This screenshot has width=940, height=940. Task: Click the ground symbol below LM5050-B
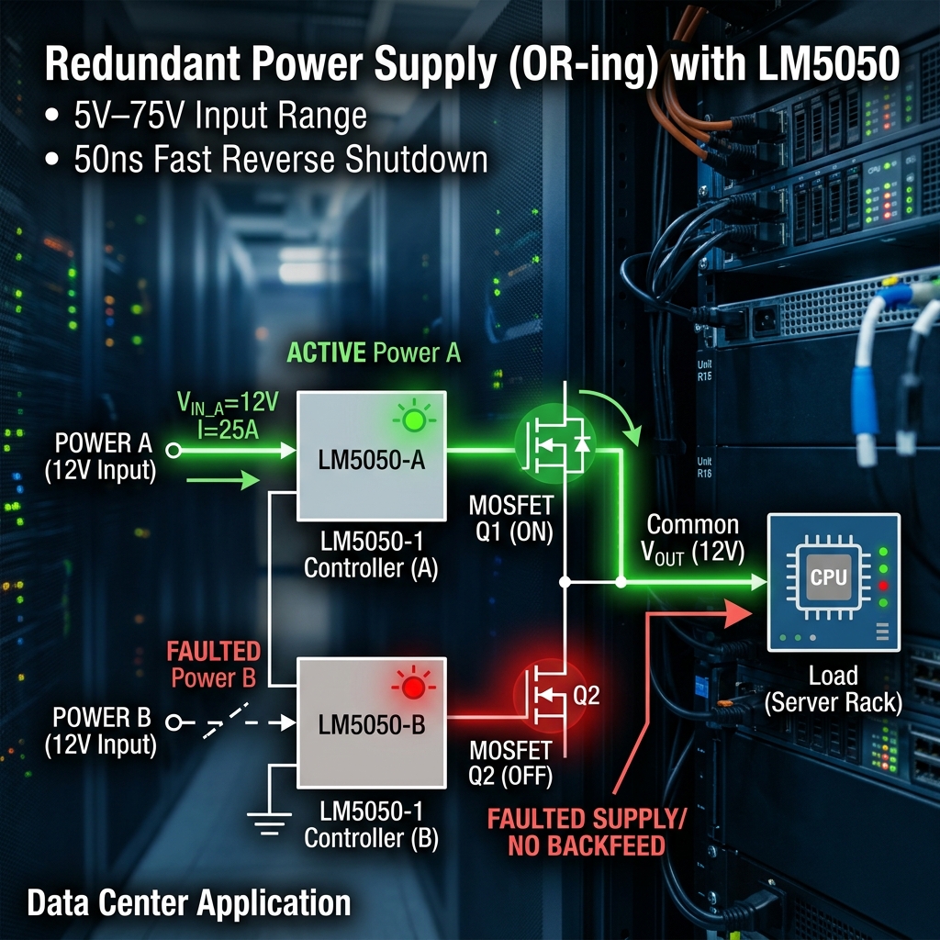[268, 822]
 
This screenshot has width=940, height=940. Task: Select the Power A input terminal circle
[173, 451]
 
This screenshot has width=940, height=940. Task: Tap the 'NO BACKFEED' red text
[587, 845]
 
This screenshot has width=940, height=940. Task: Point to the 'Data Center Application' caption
[188, 901]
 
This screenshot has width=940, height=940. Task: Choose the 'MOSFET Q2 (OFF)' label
[509, 762]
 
